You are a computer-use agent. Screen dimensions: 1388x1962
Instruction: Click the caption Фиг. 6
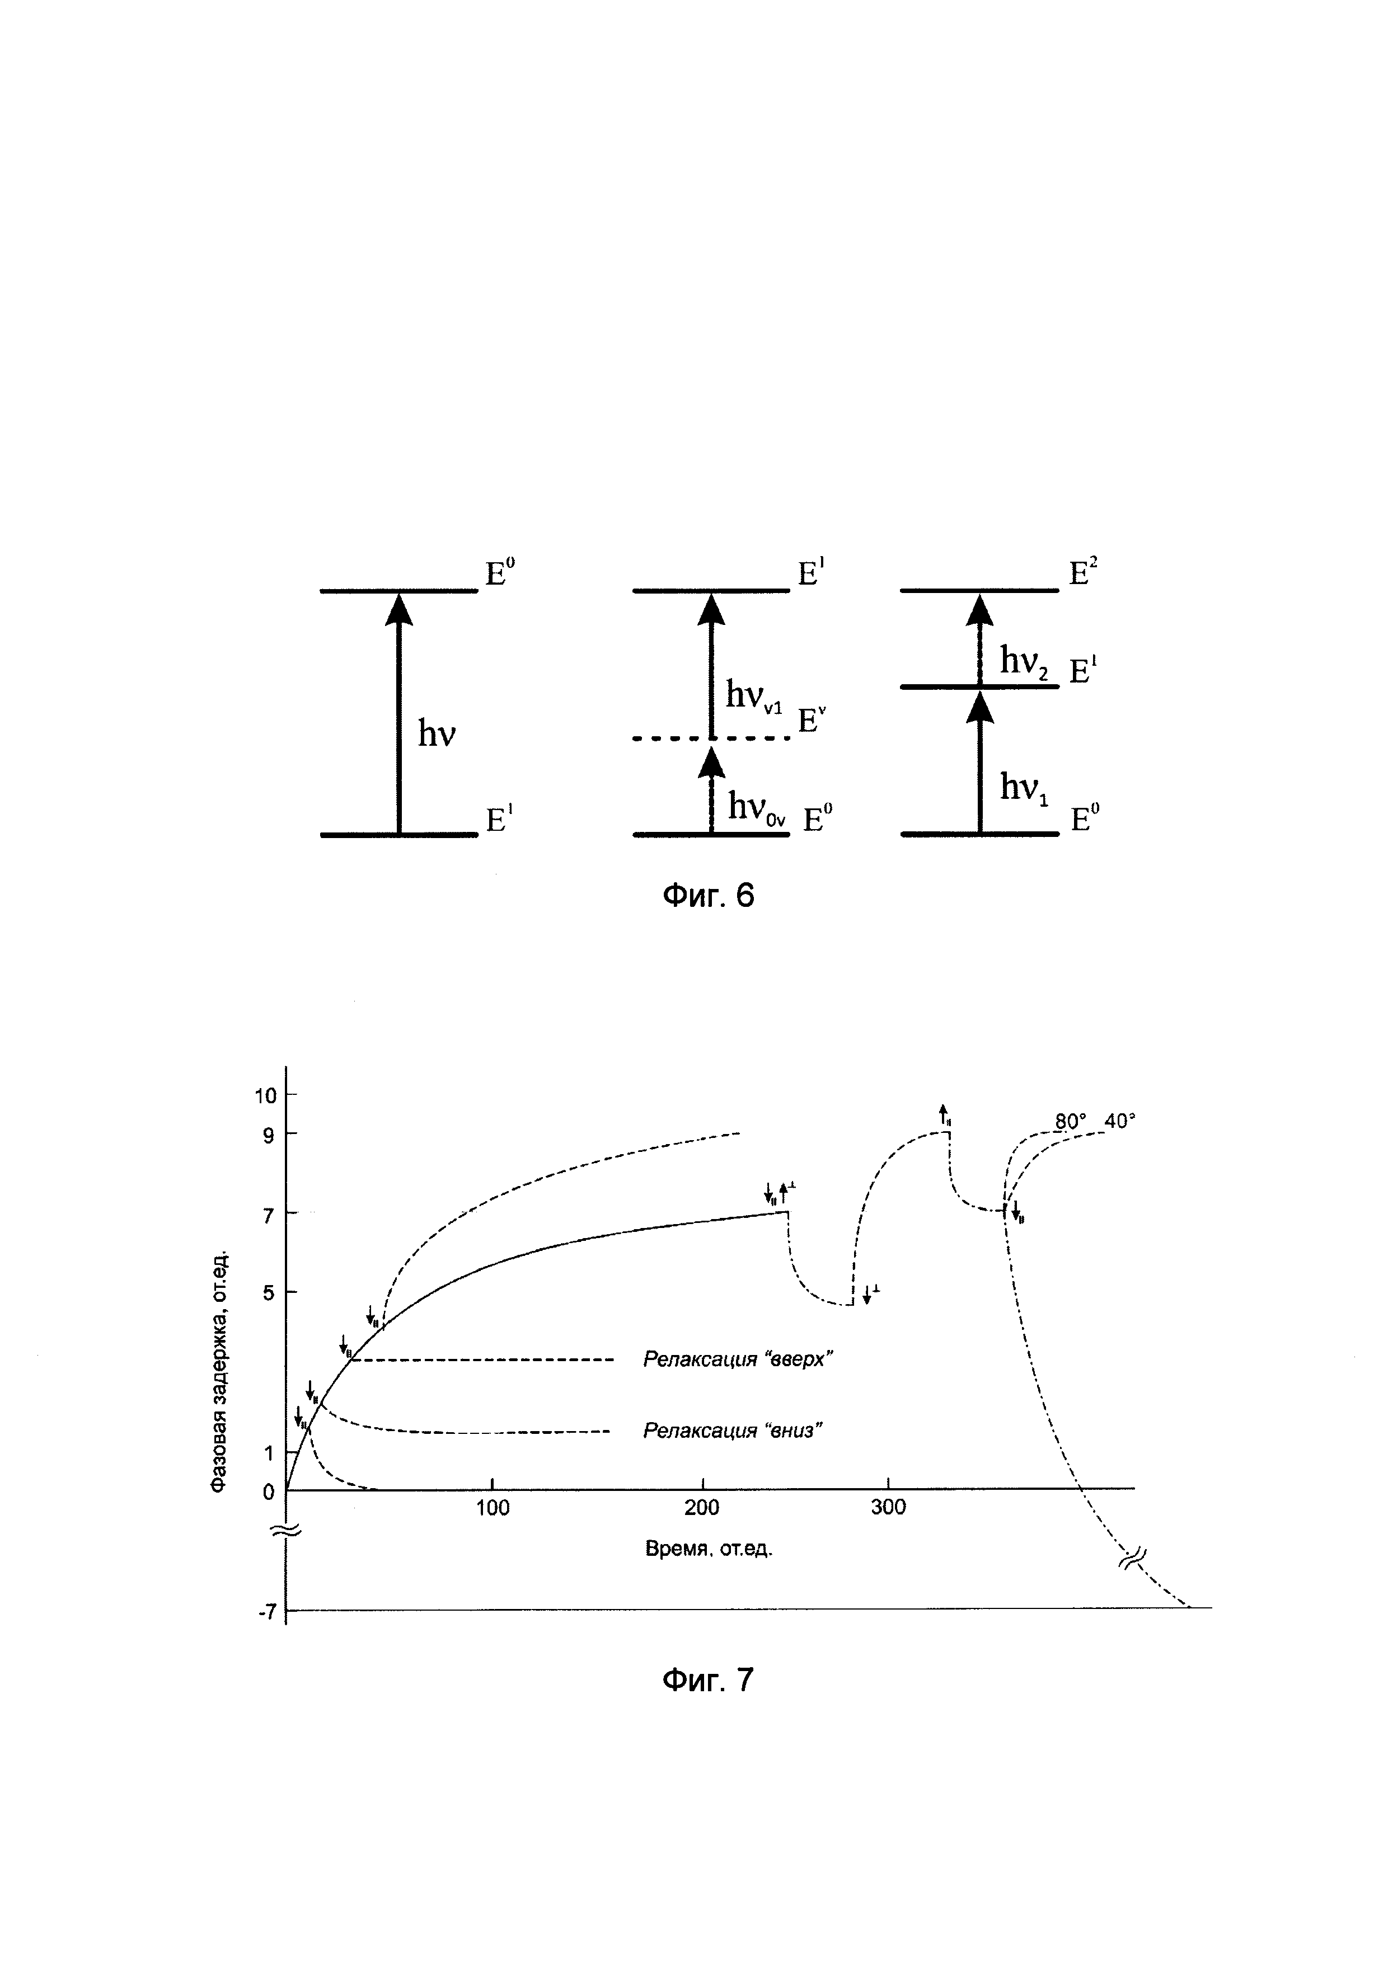tap(709, 896)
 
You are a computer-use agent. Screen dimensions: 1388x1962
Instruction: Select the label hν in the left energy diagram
tap(437, 733)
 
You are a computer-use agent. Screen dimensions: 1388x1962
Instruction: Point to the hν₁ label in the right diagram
tap(1024, 788)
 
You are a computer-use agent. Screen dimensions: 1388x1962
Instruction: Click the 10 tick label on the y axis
tap(265, 1095)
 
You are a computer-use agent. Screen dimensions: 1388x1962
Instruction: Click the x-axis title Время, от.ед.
tap(709, 1549)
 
